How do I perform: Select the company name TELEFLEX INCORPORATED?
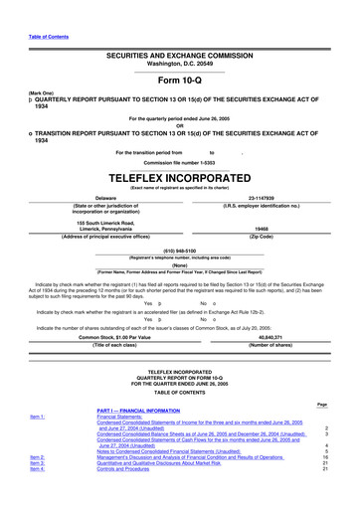179,172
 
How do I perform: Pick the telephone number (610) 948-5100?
180,252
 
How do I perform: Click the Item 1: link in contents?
43,443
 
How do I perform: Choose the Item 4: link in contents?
43,496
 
